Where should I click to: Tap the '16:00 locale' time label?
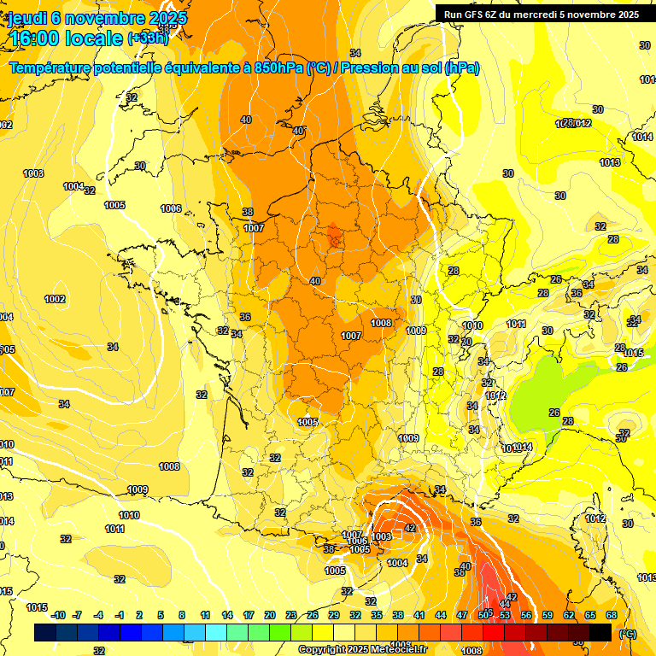pos(67,38)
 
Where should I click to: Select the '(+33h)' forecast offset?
pos(148,38)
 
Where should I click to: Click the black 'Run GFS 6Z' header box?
pos(541,14)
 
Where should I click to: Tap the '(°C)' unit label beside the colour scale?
pos(627,634)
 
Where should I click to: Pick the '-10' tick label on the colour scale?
pos(58,615)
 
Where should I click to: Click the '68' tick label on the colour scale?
pos(612,615)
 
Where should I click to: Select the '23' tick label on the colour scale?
pos(290,615)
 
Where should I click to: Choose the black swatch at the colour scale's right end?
pos(600,632)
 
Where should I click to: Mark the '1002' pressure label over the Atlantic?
pos(56,299)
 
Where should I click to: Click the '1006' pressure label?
pos(171,208)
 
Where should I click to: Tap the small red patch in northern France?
pos(336,236)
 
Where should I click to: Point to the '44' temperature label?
pos(505,604)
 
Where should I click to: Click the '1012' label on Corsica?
pos(594,518)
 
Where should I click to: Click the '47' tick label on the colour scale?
pos(462,615)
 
